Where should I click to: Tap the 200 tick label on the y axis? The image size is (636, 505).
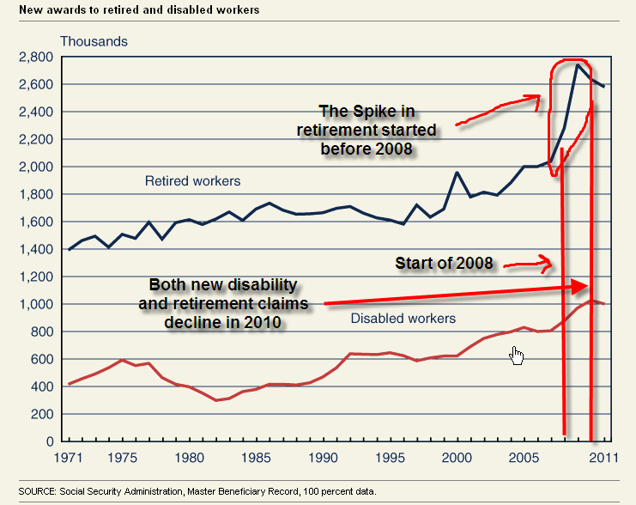(43, 414)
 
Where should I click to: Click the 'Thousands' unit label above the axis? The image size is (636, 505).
(94, 41)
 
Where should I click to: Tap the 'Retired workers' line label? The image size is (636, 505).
(192, 181)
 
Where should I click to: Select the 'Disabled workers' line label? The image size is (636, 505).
(403, 319)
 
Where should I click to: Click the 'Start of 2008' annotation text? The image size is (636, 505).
(444, 263)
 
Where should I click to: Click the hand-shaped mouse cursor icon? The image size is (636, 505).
(516, 355)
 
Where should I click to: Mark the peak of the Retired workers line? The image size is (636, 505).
(578, 64)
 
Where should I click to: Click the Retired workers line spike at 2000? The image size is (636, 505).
(457, 173)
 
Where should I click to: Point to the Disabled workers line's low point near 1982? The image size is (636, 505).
(218, 400)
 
